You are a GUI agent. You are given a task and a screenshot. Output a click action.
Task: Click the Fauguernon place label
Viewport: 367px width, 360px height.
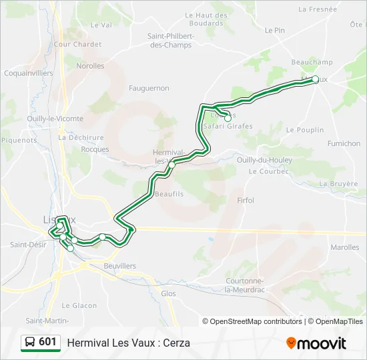149,88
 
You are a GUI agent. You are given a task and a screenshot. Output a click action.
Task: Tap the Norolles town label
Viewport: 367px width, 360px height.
90,66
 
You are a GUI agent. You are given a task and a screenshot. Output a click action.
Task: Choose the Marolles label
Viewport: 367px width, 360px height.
344,247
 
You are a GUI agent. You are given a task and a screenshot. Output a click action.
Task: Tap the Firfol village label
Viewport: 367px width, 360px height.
246,200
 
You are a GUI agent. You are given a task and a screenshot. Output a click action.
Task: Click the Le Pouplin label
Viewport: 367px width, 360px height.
305,130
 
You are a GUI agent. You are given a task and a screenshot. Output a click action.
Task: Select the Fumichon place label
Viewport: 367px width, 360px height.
344,143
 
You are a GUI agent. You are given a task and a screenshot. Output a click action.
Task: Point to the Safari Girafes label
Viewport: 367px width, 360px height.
228,126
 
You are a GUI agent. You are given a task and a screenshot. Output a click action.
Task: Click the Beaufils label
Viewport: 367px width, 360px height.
168,194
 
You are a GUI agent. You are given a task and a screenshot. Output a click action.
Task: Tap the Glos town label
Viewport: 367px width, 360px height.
169,293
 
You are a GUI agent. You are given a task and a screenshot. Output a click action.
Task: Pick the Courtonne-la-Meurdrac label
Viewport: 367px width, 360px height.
247,285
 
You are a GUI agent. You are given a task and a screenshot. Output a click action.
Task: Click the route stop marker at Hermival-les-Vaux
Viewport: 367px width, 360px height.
171,165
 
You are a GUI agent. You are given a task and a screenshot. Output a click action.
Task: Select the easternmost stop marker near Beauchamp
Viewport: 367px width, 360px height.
316,79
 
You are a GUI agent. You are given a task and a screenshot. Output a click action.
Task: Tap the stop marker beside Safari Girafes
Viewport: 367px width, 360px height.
228,118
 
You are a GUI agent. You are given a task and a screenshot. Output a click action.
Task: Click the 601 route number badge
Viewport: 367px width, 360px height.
41,342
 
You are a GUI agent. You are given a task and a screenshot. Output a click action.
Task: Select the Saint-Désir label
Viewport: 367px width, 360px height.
27,245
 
